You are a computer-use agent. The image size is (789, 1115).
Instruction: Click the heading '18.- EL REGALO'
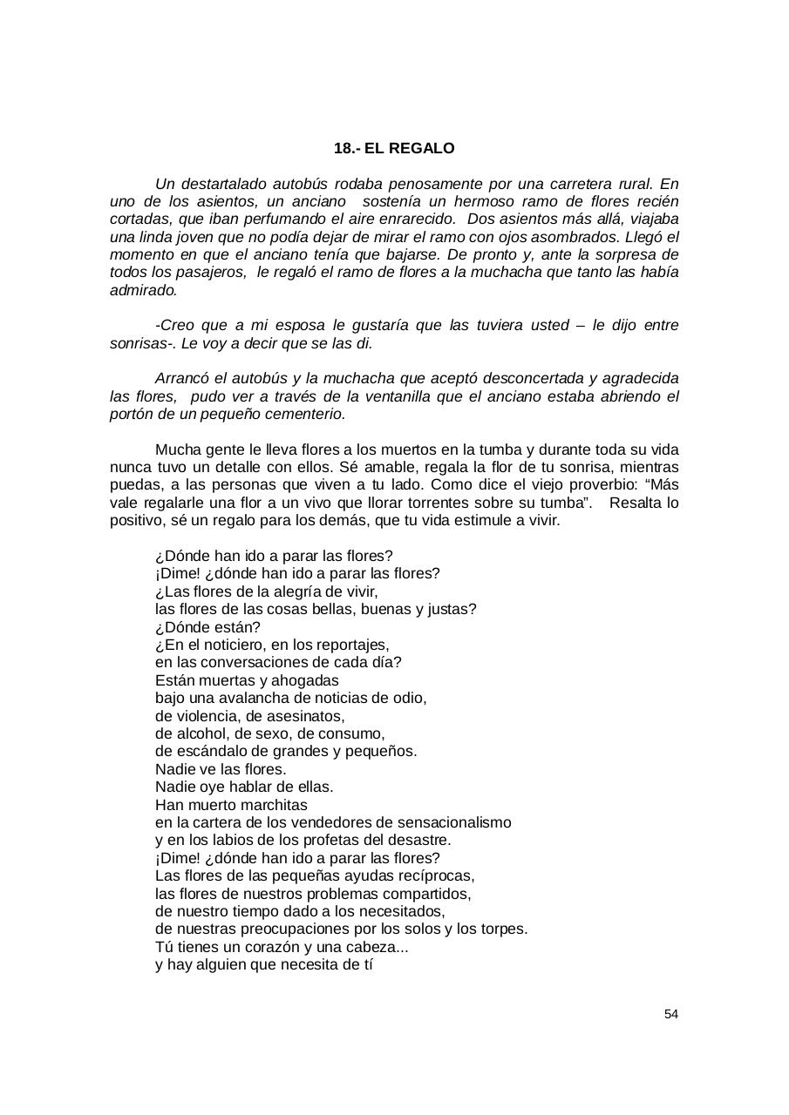click(394, 149)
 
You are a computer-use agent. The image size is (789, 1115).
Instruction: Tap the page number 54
click(670, 1014)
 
